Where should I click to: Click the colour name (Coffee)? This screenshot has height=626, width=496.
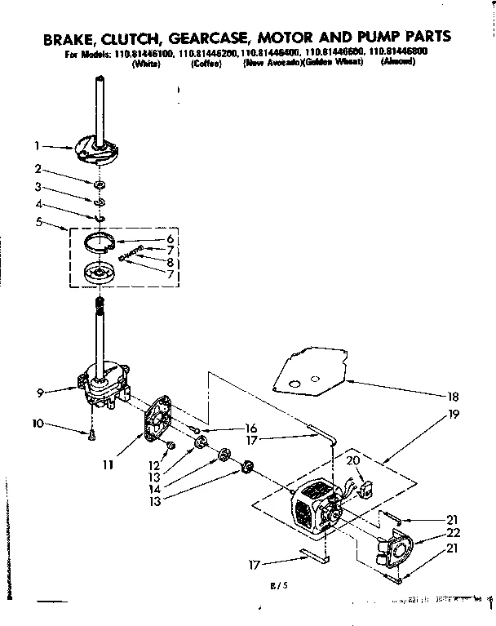pyautogui.click(x=206, y=62)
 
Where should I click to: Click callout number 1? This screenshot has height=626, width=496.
pyautogui.click(x=38, y=147)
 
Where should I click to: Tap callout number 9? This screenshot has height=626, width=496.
pyautogui.click(x=38, y=392)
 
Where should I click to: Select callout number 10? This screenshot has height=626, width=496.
pyautogui.click(x=37, y=423)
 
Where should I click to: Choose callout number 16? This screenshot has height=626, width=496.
pyautogui.click(x=251, y=428)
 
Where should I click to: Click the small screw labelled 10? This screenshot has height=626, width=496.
pyautogui.click(x=91, y=435)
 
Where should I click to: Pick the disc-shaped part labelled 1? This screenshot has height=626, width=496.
pyautogui.click(x=96, y=145)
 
